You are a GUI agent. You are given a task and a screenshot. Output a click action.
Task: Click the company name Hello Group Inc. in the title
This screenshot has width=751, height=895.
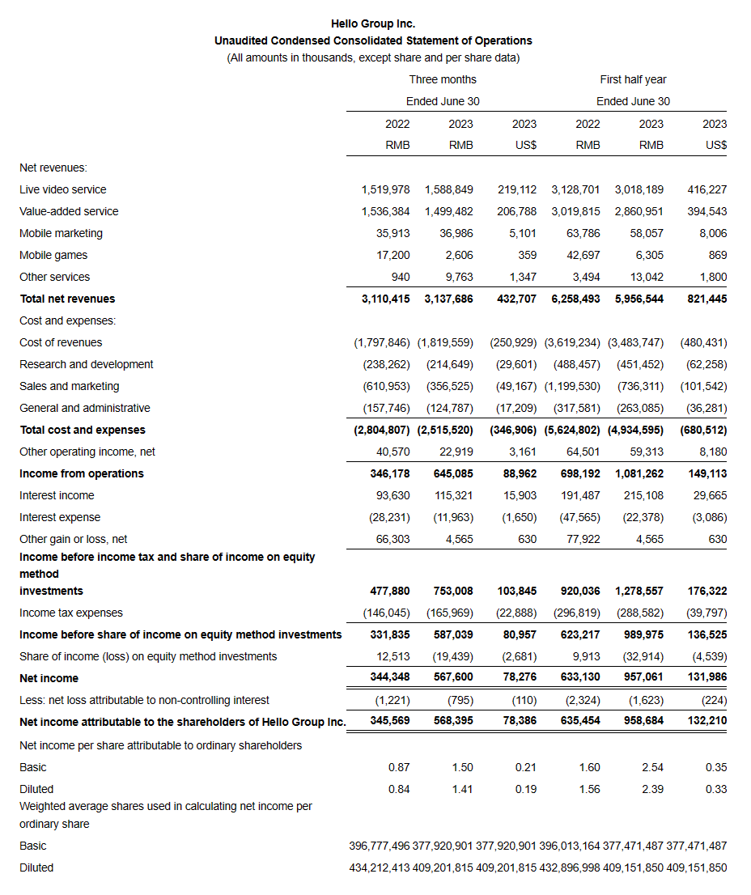click(x=373, y=23)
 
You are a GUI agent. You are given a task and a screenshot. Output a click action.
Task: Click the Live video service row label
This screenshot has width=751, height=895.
click(x=63, y=189)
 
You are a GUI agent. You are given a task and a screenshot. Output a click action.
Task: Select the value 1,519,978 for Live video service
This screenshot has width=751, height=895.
click(x=385, y=189)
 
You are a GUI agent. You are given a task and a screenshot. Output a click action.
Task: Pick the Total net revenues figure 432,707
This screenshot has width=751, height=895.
click(x=516, y=299)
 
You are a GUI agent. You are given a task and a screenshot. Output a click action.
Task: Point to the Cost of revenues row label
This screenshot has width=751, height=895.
click(x=61, y=342)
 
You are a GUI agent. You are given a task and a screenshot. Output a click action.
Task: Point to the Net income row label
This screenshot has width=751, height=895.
click(x=49, y=678)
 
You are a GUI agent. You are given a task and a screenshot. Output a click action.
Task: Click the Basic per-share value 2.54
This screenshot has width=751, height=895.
click(x=652, y=767)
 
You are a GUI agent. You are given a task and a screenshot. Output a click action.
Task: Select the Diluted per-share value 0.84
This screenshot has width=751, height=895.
click(x=399, y=789)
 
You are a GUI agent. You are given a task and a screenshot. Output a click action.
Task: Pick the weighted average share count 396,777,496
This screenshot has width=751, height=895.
click(x=379, y=846)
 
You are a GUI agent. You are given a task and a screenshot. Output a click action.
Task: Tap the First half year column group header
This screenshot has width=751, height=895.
click(x=633, y=79)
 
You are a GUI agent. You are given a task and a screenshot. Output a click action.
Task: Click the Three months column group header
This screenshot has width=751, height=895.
click(x=443, y=79)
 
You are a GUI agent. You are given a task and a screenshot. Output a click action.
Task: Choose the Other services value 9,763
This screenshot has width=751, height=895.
click(x=457, y=277)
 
